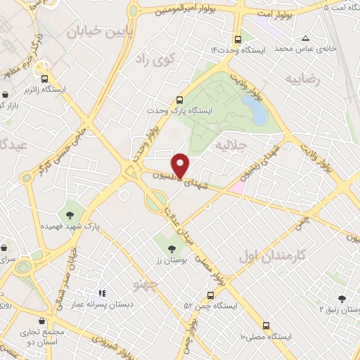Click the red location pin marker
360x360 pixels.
[x=181, y=165]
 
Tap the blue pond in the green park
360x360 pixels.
[x=253, y=110]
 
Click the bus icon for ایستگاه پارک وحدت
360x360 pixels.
[x=180, y=100]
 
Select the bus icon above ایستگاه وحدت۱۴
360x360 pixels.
[x=238, y=39]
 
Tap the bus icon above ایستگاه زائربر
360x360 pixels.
[x=45, y=79]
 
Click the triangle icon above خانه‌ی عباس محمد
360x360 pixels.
[x=305, y=39]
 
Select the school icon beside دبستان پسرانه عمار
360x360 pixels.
[x=102, y=293]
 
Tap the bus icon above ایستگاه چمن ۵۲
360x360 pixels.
[x=210, y=295]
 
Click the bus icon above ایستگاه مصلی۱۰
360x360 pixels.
[x=266, y=326]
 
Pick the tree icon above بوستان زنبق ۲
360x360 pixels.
[x=342, y=298]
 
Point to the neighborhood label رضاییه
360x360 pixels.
[x=302, y=79]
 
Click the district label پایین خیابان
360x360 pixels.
[x=99, y=32]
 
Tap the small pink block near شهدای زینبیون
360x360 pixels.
[x=236, y=187]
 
